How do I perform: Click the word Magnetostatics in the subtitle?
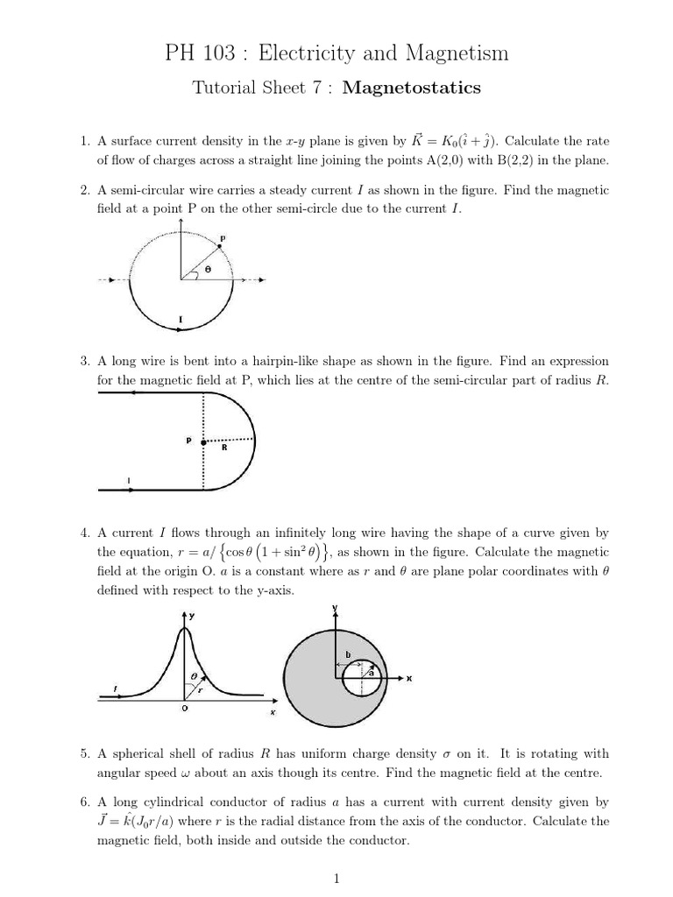tap(412, 88)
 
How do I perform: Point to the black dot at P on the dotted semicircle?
tap(220, 247)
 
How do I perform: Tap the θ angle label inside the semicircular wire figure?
tap(208, 270)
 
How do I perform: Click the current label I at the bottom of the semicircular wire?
tap(181, 320)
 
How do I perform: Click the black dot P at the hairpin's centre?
tap(203, 443)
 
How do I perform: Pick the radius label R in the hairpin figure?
tap(224, 448)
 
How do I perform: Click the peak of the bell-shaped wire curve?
tap(184, 627)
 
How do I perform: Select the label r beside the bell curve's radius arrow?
tap(199, 689)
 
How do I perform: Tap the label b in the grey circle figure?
tap(348, 654)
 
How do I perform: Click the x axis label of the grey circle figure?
tap(409, 679)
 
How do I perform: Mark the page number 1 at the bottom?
tap(336, 879)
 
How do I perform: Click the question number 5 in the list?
tap(83, 753)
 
